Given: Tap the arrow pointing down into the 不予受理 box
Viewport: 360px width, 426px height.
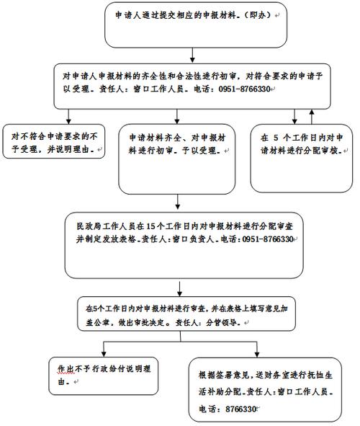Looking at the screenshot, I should click(69, 115).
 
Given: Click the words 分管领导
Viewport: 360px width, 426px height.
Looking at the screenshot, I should click(225, 322).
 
